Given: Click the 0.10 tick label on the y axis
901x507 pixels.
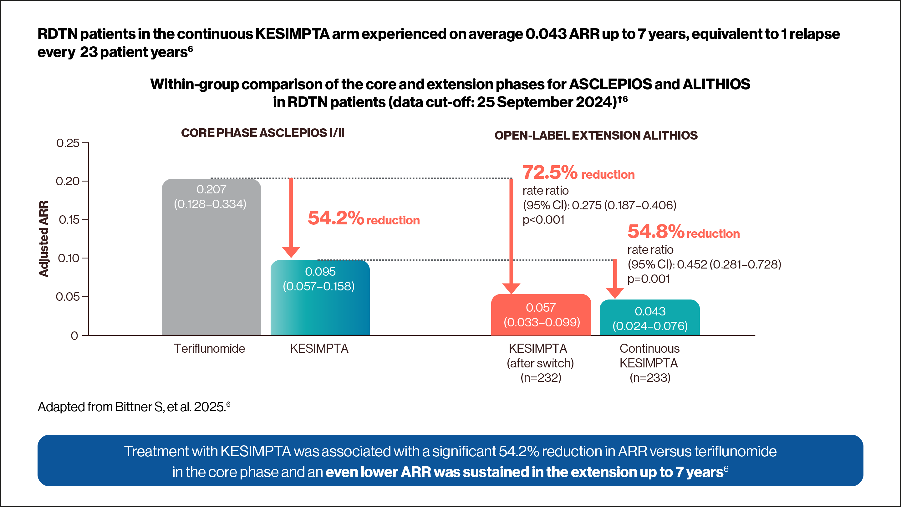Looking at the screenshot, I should [x=69, y=258].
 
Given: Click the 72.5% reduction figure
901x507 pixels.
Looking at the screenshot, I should [x=550, y=172].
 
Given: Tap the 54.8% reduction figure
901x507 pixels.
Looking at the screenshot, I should [x=655, y=232].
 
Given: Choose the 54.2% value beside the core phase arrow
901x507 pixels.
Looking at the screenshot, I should [x=336, y=218].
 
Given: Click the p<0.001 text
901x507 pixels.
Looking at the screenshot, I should [x=543, y=220].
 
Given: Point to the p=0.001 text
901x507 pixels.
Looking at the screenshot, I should [x=649, y=279].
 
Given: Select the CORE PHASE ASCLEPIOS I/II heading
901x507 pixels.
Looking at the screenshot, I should [x=263, y=133].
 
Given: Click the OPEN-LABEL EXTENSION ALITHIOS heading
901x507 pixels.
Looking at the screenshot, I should [x=596, y=136].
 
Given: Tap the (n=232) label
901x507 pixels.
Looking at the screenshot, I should [x=541, y=378].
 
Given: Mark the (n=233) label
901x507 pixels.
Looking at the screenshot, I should [x=650, y=378].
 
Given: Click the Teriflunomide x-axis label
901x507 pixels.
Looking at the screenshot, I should [x=210, y=349].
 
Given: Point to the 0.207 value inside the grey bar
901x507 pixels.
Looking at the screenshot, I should [x=211, y=189].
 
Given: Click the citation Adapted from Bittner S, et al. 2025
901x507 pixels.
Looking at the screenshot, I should [x=134, y=407].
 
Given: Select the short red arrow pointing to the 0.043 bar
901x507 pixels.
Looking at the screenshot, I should [x=615, y=280].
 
